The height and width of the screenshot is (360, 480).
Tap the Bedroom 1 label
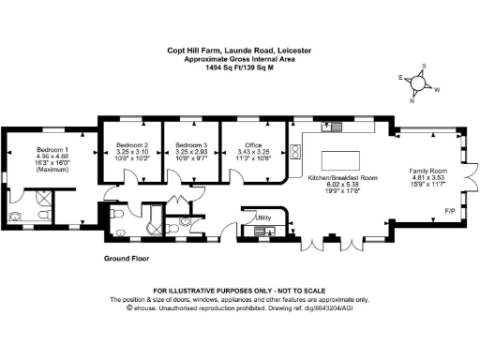pyautogui.click(x=51, y=150)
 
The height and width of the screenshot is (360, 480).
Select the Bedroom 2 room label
pyautogui.click(x=132, y=145)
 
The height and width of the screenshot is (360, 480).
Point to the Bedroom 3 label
pyautogui.click(x=190, y=145)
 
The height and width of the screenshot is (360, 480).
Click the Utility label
pyautogui.click(x=263, y=217)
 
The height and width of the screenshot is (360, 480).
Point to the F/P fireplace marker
pyautogui.click(x=449, y=210)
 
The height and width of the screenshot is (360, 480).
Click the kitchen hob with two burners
pyautogui.click(x=296, y=148)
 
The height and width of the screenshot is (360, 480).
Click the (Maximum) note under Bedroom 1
pyautogui.click(x=51, y=170)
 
